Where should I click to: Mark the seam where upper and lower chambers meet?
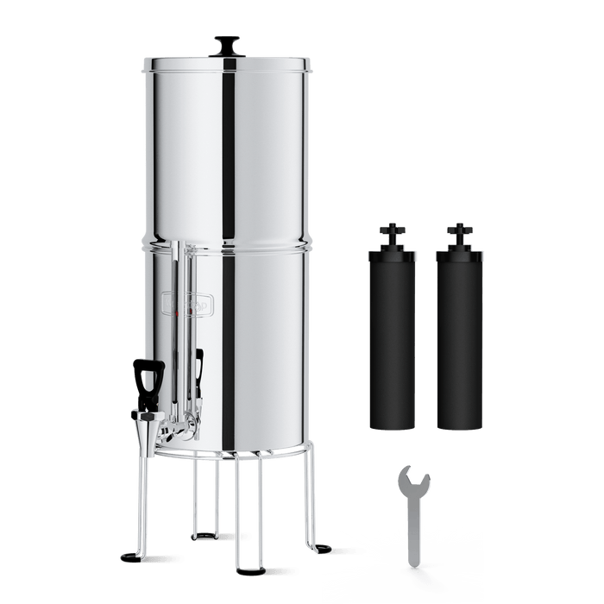click(228, 243)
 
